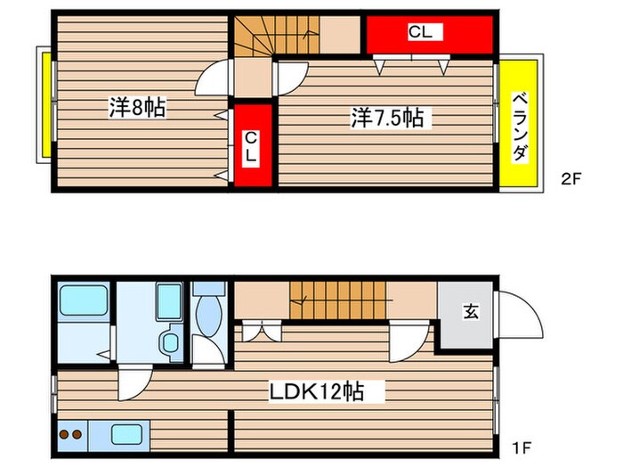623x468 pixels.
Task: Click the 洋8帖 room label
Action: coord(136,108)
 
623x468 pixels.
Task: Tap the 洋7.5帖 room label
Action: coord(386,117)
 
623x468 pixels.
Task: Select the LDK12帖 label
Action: coord(318,390)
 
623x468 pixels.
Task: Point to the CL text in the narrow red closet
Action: coord(251,146)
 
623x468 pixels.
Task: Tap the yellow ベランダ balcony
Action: coord(520,125)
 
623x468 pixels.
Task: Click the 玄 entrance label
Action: coord(469,311)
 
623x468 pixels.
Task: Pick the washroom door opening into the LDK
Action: coord(132,383)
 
